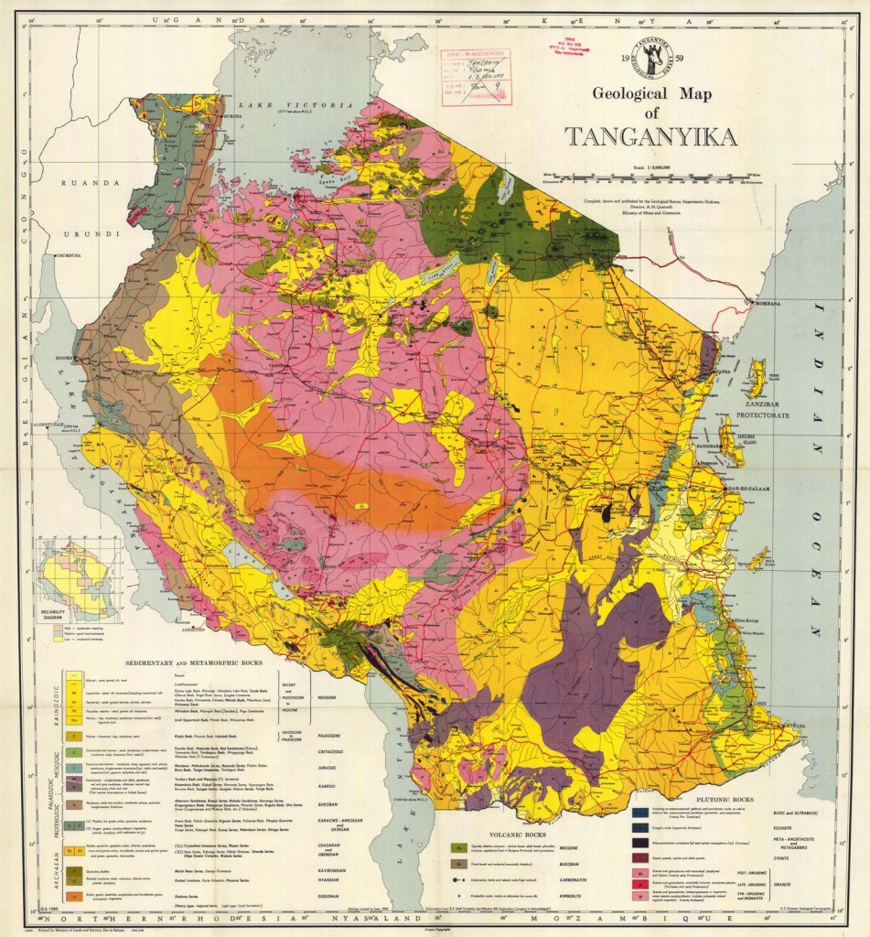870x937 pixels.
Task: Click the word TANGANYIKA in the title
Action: [x=650, y=137]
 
